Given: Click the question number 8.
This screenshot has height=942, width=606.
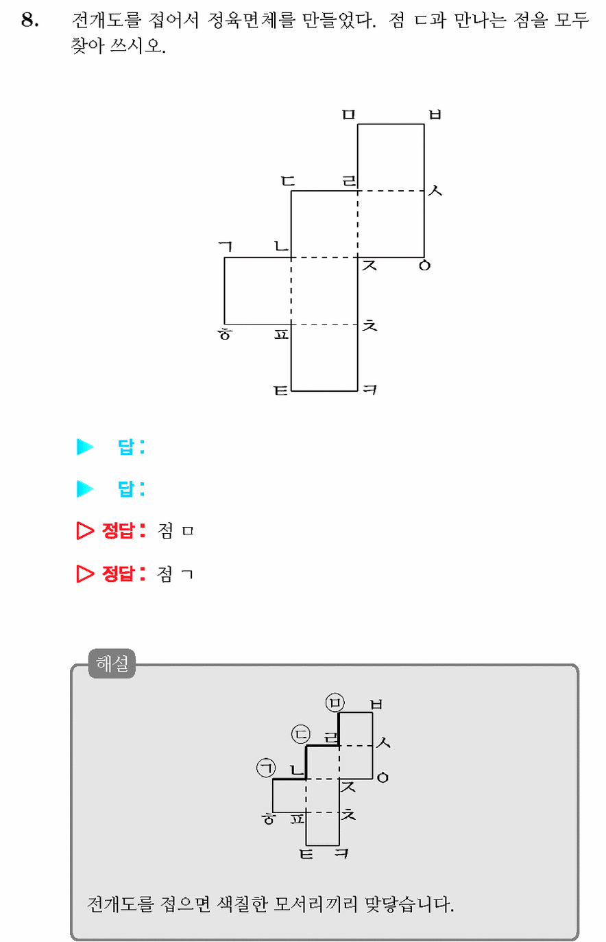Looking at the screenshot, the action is pyautogui.click(x=30, y=20).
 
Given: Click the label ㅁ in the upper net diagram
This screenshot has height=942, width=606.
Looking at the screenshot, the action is pyautogui.click(x=348, y=115).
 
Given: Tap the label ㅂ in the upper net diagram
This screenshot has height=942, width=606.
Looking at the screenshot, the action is pyautogui.click(x=435, y=115).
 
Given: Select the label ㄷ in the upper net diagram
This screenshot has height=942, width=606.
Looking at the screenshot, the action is pyautogui.click(x=288, y=181).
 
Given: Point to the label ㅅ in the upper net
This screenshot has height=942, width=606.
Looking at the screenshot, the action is pyautogui.click(x=435, y=191).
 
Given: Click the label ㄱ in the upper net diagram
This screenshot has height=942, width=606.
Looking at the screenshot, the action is pyautogui.click(x=226, y=247).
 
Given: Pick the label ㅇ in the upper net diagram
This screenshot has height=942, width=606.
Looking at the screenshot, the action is pyautogui.click(x=424, y=266).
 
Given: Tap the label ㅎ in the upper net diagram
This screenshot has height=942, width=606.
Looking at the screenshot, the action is pyautogui.click(x=224, y=334).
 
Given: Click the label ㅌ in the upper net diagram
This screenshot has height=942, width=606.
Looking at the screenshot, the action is pyautogui.click(x=281, y=390).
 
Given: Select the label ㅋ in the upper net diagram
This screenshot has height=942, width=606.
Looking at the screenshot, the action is pyautogui.click(x=369, y=390).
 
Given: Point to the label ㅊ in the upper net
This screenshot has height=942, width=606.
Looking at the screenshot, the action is pyautogui.click(x=369, y=325).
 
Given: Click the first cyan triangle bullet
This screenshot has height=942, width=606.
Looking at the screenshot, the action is pyautogui.click(x=85, y=447).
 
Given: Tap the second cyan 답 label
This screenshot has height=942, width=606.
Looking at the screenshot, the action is pyautogui.click(x=125, y=488).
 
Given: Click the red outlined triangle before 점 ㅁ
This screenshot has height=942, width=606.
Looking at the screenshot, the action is pyautogui.click(x=85, y=530).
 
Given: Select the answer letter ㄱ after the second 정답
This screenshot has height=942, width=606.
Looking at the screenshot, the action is pyautogui.click(x=187, y=574).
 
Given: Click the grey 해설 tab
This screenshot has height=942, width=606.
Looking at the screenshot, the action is pyautogui.click(x=112, y=663).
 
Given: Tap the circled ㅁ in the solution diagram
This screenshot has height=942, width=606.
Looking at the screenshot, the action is pyautogui.click(x=335, y=703).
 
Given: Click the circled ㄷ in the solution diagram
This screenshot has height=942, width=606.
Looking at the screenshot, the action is pyautogui.click(x=300, y=734).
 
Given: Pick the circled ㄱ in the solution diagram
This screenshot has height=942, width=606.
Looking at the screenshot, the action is pyautogui.click(x=266, y=768).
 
